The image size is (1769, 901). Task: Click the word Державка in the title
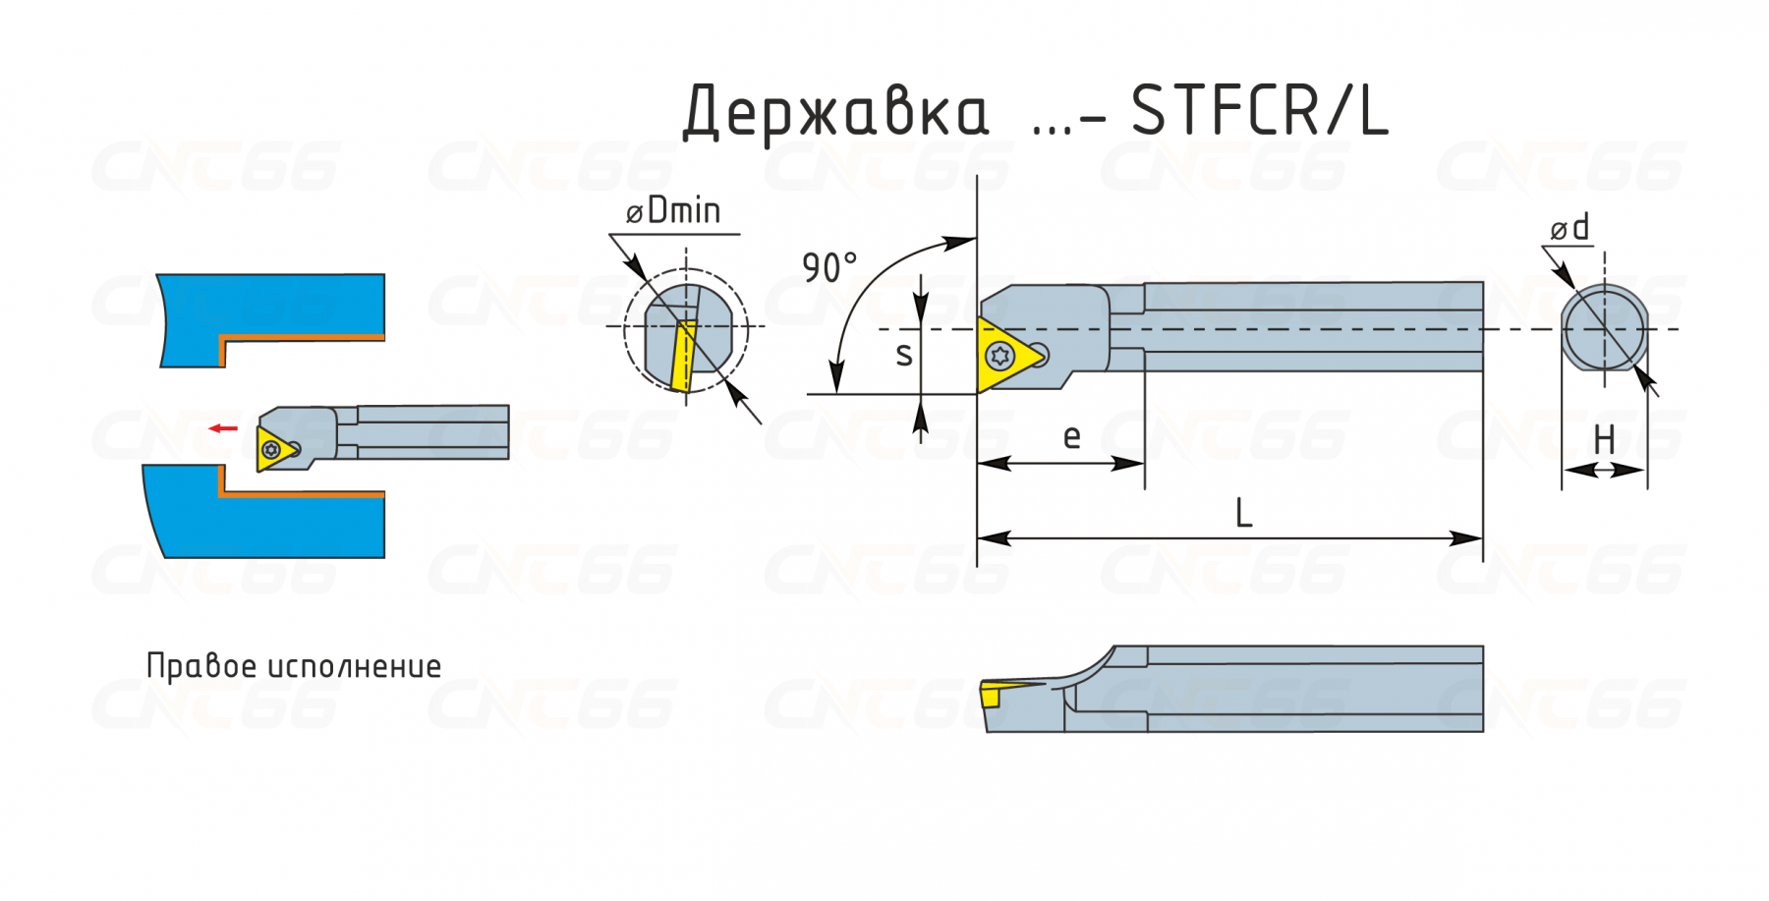tap(835, 112)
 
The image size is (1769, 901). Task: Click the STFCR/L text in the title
tap(1259, 110)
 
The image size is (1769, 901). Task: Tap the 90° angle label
tap(829, 267)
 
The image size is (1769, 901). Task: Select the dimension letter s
tap(904, 354)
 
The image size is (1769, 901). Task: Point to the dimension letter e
tap(1072, 436)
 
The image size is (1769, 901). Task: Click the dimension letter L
tap(1243, 513)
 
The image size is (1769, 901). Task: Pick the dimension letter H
tap(1604, 439)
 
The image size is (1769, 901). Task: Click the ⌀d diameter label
tap(1569, 228)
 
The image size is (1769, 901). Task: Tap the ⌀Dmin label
tap(673, 210)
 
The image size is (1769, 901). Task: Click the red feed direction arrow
tap(223, 428)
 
